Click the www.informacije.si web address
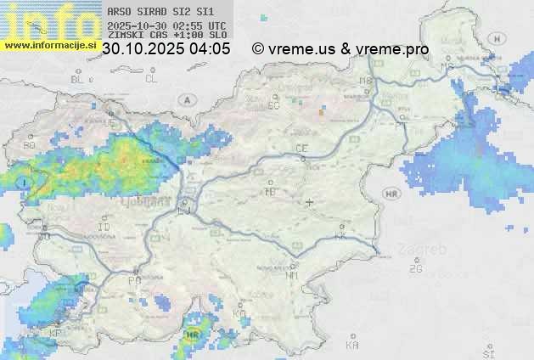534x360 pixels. [49, 45]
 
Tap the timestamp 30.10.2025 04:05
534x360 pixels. [166, 49]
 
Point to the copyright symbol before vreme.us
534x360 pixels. [258, 49]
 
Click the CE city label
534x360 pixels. [301, 149]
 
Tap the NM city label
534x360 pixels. [293, 275]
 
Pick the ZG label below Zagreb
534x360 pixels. [415, 269]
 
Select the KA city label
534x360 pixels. [352, 346]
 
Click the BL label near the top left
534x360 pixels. [78, 79]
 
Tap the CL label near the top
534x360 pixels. [151, 79]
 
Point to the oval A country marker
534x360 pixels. [186, 100]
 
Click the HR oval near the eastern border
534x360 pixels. [391, 194]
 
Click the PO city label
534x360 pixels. [134, 280]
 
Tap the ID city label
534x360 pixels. [104, 228]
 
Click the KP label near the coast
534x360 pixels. [55, 334]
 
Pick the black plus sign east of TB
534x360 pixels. [310, 202]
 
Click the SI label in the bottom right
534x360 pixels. [487, 352]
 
